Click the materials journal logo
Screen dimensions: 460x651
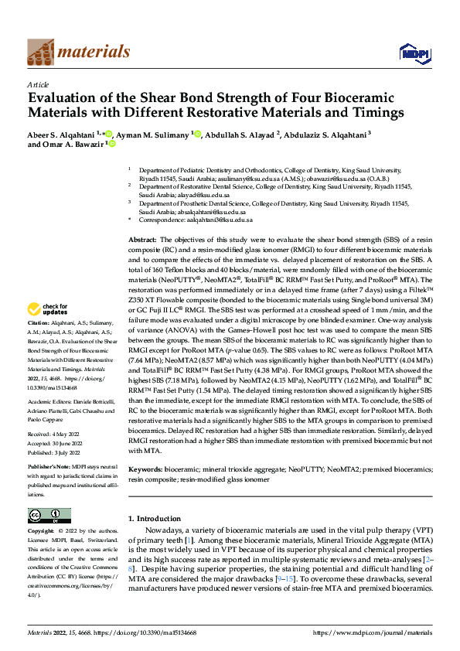(x=78, y=52)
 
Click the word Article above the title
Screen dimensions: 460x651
(x=38, y=84)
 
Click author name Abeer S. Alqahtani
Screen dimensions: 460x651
(x=62, y=133)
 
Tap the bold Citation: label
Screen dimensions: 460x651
(x=39, y=343)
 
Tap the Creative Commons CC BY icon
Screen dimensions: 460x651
(x=49, y=516)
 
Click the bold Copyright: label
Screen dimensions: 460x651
(x=42, y=532)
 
